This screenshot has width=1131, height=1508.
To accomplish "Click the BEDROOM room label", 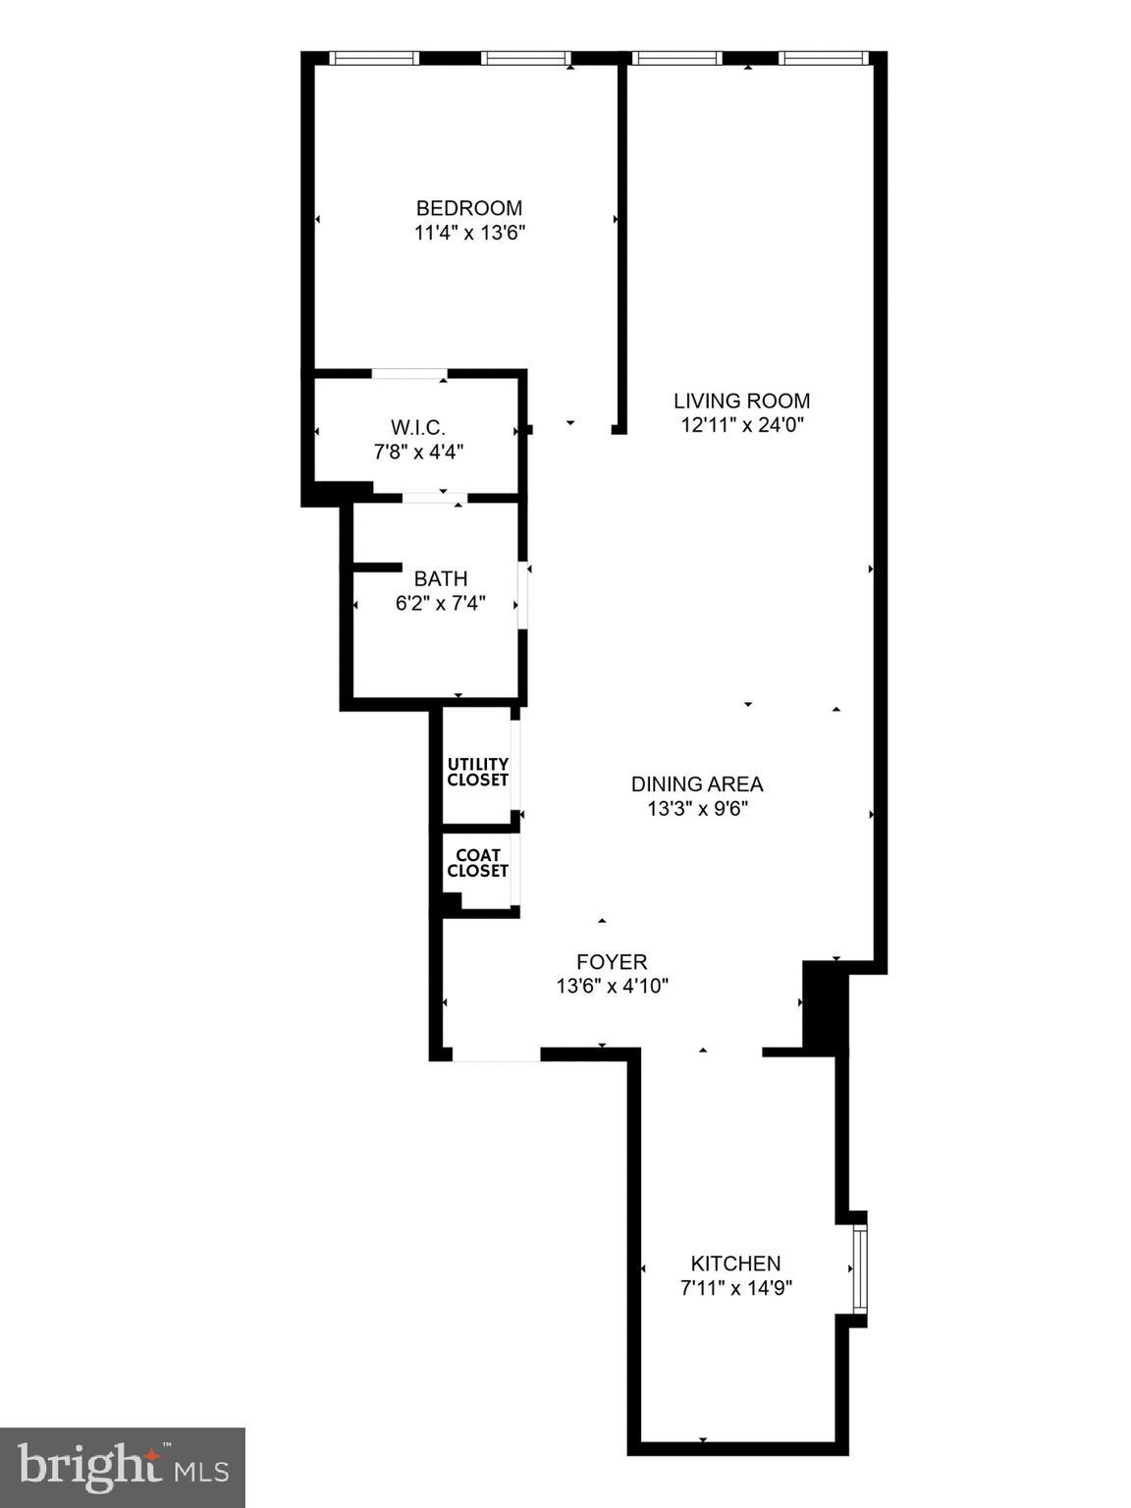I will (469, 208).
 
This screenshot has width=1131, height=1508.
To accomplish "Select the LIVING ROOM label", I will (741, 401).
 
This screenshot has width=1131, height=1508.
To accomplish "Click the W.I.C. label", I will (418, 428).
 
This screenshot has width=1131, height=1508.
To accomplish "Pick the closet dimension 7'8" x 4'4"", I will (418, 452).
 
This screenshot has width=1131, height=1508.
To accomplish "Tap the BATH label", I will (440, 579).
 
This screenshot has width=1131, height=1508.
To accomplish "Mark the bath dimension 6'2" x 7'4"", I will (440, 604).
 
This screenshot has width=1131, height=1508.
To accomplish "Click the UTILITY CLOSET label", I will (478, 772).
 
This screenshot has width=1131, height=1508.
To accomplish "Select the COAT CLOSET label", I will (478, 863).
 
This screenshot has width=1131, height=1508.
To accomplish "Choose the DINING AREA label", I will (697, 784).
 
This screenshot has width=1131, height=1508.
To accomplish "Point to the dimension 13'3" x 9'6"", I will (697, 809).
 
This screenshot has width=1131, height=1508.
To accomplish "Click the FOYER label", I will (612, 962).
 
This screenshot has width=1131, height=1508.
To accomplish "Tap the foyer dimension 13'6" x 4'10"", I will (612, 987).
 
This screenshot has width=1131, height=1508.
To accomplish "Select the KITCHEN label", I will (735, 1264).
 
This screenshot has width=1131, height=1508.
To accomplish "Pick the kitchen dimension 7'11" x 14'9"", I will (735, 1288).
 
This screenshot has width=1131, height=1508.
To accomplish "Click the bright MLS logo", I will (123, 1468).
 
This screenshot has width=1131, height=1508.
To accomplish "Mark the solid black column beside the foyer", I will (825, 1005).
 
